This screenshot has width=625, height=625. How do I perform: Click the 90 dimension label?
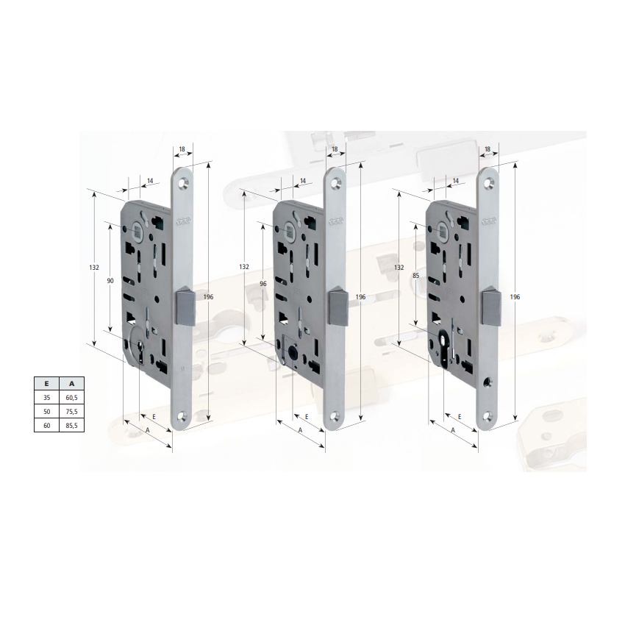pyautogui.click(x=110, y=281)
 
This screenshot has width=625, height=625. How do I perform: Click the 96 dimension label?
pyautogui.click(x=263, y=284)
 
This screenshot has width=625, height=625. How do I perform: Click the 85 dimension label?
pyautogui.click(x=416, y=276)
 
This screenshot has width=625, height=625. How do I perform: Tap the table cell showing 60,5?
pyautogui.click(x=72, y=397)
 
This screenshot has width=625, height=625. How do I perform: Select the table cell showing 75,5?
pyautogui.click(x=72, y=411)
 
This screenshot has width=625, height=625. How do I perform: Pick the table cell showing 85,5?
pyautogui.click(x=72, y=425)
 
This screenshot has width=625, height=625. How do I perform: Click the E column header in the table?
pyautogui.click(x=46, y=383)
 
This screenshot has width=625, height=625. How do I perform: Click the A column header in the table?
pyautogui.click(x=72, y=383)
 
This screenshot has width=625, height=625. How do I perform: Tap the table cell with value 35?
pyautogui.click(x=46, y=397)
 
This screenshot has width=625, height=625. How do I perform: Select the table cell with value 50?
pyautogui.click(x=46, y=411)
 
